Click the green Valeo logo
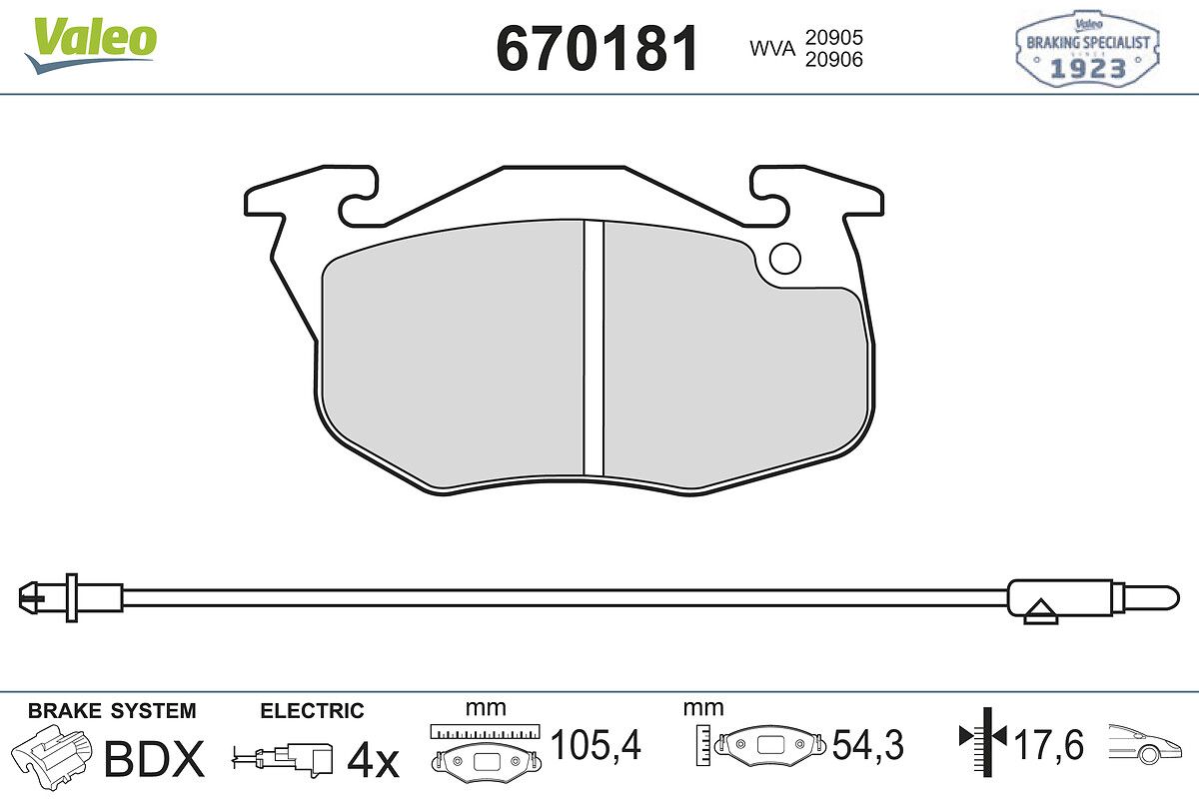[x=90, y=45]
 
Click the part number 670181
[x=598, y=48]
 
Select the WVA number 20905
[x=834, y=38]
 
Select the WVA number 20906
[x=834, y=59]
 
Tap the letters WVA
[x=772, y=49]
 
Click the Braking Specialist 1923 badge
[x=1088, y=49]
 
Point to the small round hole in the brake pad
[x=784, y=259]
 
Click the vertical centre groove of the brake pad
[x=594, y=349]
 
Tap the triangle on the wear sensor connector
[x=1040, y=608]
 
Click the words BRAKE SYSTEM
[x=112, y=711]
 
